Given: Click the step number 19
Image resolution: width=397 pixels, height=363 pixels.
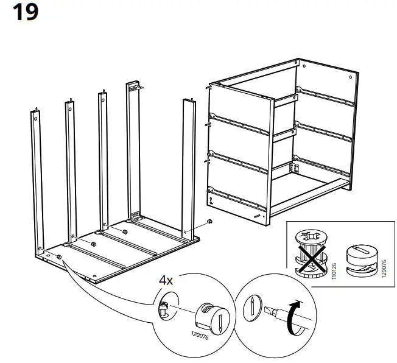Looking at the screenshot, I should coord(25,13).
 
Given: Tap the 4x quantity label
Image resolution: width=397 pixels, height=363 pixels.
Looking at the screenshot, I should coord(166,281).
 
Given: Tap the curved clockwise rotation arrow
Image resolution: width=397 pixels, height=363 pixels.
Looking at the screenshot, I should coord(297,318).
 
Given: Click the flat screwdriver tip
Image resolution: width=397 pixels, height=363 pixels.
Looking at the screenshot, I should coord(269,312).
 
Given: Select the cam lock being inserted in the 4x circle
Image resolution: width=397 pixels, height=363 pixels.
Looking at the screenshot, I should coord(212,316).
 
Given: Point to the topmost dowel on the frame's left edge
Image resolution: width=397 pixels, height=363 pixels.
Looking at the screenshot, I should coord(209,87).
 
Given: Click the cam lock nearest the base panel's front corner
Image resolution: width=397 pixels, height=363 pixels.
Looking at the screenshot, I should coord(59,257).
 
